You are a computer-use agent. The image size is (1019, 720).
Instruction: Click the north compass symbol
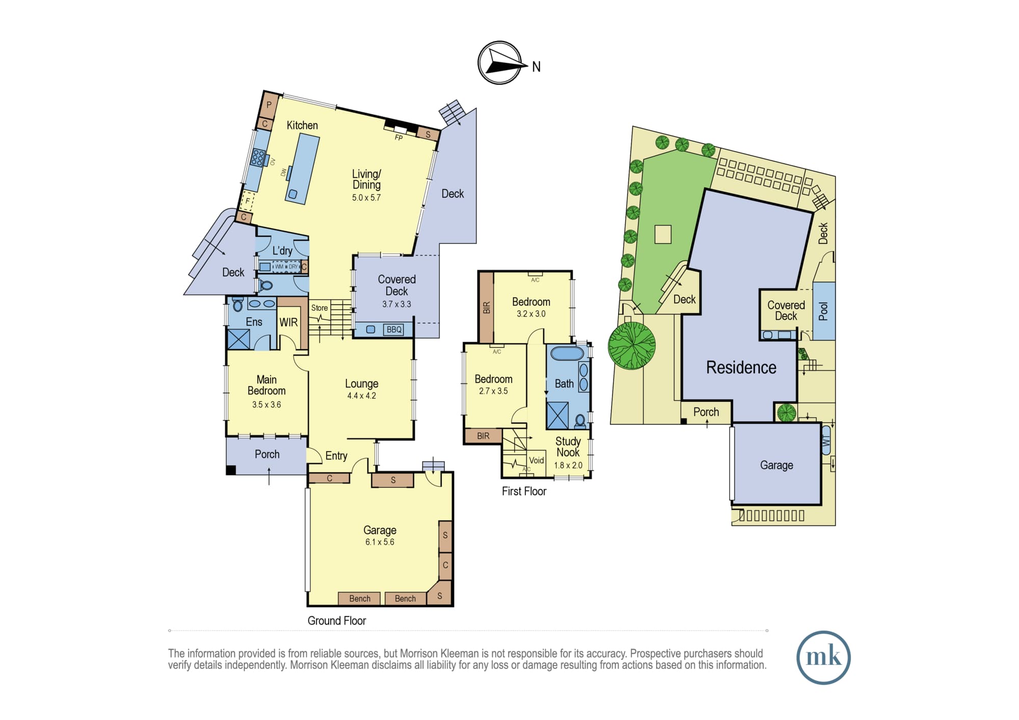coord(500,63)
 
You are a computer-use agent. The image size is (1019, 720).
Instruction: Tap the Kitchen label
coord(302,125)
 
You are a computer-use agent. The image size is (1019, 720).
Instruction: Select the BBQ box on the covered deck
coord(394,329)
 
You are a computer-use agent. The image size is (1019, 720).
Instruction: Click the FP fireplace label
coord(398,137)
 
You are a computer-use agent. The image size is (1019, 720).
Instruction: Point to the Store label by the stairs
coord(319,308)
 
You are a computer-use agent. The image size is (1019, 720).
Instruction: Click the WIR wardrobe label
coord(288,322)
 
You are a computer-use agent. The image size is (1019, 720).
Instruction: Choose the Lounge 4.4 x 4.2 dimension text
coord(362,396)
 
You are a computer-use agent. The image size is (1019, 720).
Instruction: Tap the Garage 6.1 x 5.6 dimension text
coord(380,542)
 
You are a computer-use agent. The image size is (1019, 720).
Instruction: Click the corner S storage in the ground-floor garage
coord(439,594)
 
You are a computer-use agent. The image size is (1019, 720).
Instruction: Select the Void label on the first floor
coord(537,460)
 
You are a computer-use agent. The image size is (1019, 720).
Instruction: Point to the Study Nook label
coord(568,447)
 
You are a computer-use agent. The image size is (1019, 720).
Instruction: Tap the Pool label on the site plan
coord(823,312)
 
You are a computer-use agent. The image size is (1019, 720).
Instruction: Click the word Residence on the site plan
coord(741,368)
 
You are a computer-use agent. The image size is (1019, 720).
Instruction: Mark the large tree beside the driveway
coord(632,345)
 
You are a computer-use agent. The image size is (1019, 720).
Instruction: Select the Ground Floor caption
coord(337,621)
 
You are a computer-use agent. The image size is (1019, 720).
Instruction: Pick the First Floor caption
coord(524,491)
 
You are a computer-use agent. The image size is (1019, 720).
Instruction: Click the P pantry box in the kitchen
coord(269,105)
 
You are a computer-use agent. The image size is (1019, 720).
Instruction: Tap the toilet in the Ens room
coord(238,304)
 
